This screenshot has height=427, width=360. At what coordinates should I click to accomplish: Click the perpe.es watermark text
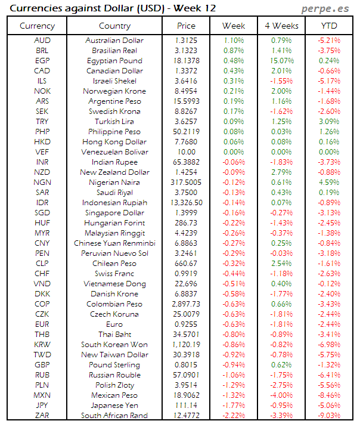coord(326,8)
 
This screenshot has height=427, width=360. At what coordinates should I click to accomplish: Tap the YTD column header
coord(328,26)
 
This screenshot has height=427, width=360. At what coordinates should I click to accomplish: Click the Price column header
coord(186,26)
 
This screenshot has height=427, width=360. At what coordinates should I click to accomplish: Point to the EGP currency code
coord(42,61)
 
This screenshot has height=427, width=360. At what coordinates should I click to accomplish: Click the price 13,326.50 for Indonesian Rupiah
coord(186,203)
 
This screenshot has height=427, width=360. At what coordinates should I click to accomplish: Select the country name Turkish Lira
coord(114,122)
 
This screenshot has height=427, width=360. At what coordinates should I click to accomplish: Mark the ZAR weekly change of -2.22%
coord(233,416)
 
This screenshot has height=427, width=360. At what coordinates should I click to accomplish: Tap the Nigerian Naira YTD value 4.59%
coord(328,182)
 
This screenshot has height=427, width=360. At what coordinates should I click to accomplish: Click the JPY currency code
coord(42,406)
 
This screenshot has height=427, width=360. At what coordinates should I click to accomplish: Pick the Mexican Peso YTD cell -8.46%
coord(328,395)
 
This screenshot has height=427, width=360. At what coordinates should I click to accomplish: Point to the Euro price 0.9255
coord(186,324)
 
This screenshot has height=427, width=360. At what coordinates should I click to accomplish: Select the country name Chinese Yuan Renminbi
coord(114,243)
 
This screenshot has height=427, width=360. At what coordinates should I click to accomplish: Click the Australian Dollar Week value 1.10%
coord(233,41)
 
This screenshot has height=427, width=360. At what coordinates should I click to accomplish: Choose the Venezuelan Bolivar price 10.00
coord(186,152)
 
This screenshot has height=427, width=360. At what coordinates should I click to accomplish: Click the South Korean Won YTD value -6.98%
coord(328,345)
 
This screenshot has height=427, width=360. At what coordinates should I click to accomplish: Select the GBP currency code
coord(42,365)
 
